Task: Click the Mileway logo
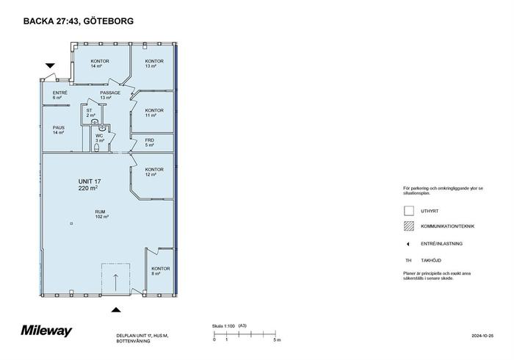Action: click(46, 331)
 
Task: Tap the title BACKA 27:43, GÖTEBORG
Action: click(79, 21)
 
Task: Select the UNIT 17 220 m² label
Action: click(89, 184)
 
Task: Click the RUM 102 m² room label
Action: click(101, 214)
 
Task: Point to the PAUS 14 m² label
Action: click(59, 130)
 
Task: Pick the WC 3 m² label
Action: click(100, 138)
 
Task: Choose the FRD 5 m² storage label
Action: click(150, 143)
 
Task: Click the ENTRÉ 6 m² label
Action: click(59, 95)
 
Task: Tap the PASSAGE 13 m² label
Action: click(110, 95)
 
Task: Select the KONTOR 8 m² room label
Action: click(160, 271)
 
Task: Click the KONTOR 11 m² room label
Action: click(154, 113)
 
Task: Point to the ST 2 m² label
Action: click(90, 113)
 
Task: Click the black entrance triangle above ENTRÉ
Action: click(50, 65)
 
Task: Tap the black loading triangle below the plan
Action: click(116, 309)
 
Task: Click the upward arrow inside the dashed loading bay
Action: click(115, 282)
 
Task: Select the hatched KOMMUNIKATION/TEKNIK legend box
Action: click(409, 226)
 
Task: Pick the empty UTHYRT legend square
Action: click(409, 211)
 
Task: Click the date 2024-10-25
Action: click(482, 336)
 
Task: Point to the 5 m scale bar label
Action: click(277, 340)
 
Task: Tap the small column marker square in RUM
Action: click(71, 223)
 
